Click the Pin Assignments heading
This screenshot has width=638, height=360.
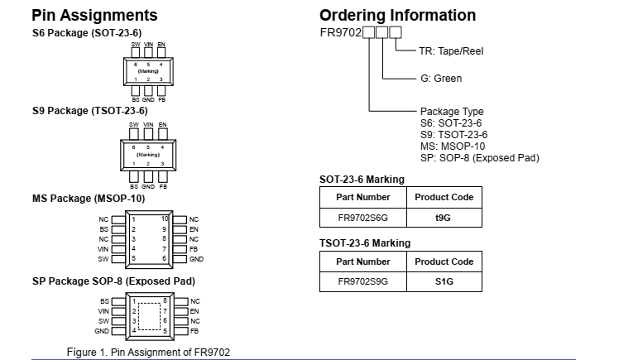point(94,16)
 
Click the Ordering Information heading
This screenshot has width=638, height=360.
point(397,16)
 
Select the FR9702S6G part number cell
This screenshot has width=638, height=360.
point(362,218)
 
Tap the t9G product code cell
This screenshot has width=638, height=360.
point(444,218)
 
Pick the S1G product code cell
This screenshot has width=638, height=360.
point(444,282)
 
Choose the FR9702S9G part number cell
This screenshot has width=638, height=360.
point(362,282)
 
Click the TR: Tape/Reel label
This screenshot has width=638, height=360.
point(451,51)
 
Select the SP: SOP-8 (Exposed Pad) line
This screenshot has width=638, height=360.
point(479,157)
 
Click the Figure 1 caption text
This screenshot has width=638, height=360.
point(148,353)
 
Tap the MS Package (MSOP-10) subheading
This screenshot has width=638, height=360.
point(89,199)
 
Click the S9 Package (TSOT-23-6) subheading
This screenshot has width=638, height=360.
point(90,111)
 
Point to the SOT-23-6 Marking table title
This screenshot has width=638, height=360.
point(362,179)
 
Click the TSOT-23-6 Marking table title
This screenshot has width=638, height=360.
point(364,243)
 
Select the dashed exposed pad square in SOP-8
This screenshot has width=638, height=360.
point(149,316)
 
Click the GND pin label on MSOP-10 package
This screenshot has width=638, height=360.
point(196,259)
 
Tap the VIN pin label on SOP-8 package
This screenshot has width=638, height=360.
point(103,311)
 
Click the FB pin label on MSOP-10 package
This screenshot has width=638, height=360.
point(194,249)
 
